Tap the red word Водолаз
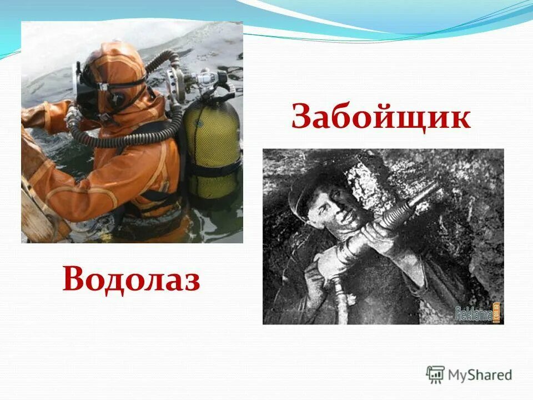(x=131, y=278)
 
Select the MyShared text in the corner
(x=481, y=375)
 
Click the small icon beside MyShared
(x=435, y=374)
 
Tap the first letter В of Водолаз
(x=74, y=278)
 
